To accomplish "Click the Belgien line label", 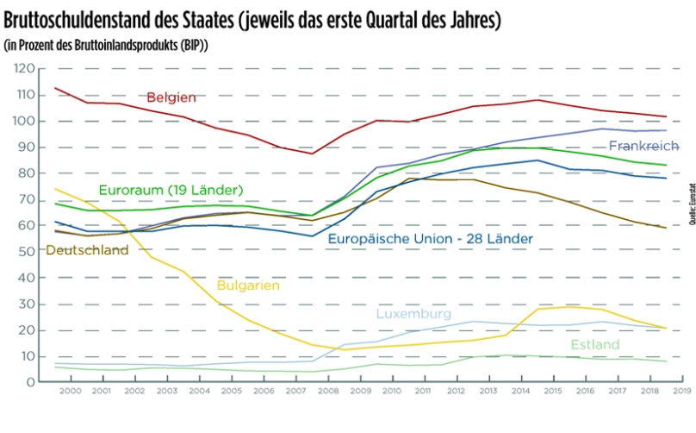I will tap(171, 97).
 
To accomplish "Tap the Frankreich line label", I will tap(643, 146).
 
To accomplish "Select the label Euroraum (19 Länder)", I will tap(171, 189).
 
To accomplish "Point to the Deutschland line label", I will tap(86, 250).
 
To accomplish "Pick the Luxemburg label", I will tap(413, 314).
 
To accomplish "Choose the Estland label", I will tap(594, 345).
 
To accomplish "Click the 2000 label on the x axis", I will tap(72, 392).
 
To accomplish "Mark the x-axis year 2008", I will tap(328, 392).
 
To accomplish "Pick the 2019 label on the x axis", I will tap(680, 392).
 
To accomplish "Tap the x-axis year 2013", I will tap(488, 392).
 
